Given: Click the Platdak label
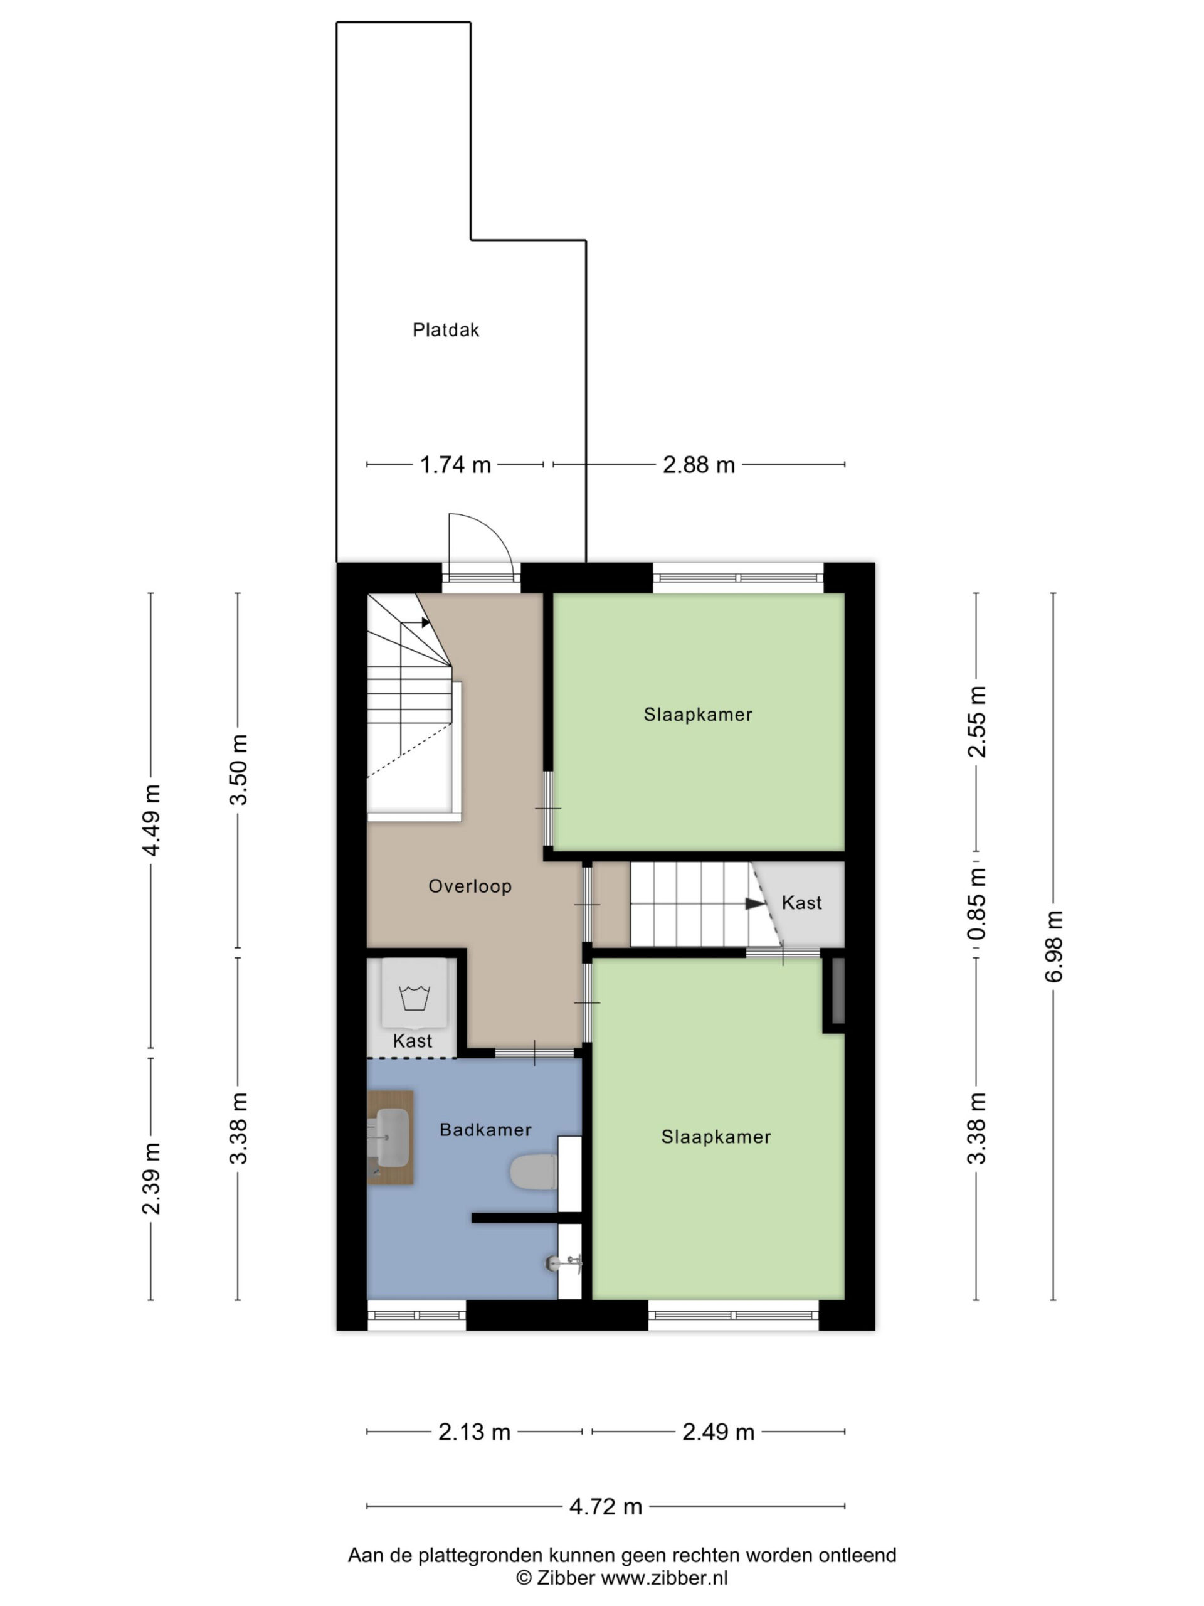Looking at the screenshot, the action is (446, 331).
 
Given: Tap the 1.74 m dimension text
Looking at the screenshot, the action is (456, 465).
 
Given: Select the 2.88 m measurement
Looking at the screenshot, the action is (699, 465).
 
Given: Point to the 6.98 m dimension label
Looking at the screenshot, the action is (1053, 946).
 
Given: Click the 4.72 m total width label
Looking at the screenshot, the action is (606, 1506).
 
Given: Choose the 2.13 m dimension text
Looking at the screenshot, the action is (475, 1432).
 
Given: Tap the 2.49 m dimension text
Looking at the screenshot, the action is (719, 1432).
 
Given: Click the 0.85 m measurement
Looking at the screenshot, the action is (976, 903).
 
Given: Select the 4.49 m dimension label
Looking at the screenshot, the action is (151, 821).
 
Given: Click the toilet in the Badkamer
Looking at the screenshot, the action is (534, 1173).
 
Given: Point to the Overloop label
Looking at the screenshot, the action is (470, 886).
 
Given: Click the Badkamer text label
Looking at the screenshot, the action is (485, 1130).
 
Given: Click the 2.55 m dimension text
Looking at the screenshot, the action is (976, 721).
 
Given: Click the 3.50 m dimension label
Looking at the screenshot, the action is (238, 769).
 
